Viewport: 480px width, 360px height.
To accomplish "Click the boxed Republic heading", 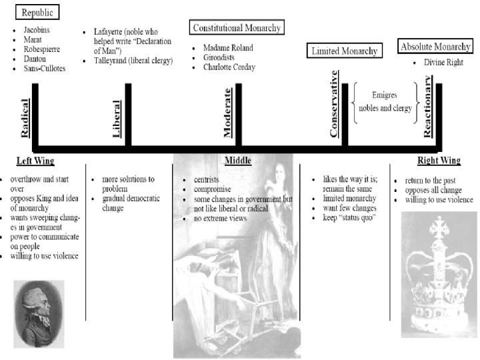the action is (37, 13).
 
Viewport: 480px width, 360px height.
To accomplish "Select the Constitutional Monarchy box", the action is (236, 27).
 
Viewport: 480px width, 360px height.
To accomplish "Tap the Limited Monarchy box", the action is (344, 51).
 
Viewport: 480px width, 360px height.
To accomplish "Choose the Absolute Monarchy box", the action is (436, 47).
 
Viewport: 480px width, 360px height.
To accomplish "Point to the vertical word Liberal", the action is (117, 119).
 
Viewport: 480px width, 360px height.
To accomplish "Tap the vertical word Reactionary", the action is (429, 105).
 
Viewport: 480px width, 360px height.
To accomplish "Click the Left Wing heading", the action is (35, 161).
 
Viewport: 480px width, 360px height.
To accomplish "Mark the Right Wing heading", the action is (439, 161).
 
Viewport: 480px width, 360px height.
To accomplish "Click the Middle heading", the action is (237, 161).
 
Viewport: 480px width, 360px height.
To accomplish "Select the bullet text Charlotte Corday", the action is (229, 67).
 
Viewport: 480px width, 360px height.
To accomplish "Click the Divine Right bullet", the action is (447, 62).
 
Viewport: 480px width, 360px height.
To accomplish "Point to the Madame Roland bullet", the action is (228, 47).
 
